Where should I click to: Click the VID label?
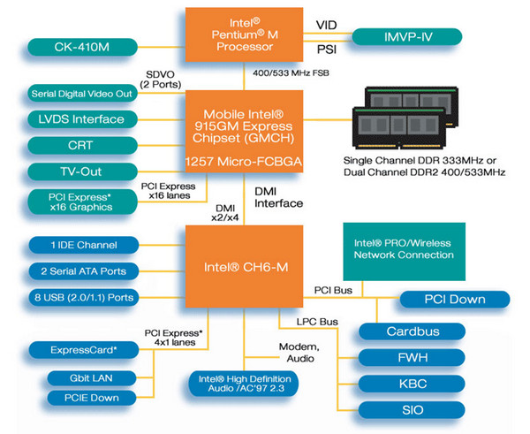coord(326,24)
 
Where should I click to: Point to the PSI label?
coord(326,51)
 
